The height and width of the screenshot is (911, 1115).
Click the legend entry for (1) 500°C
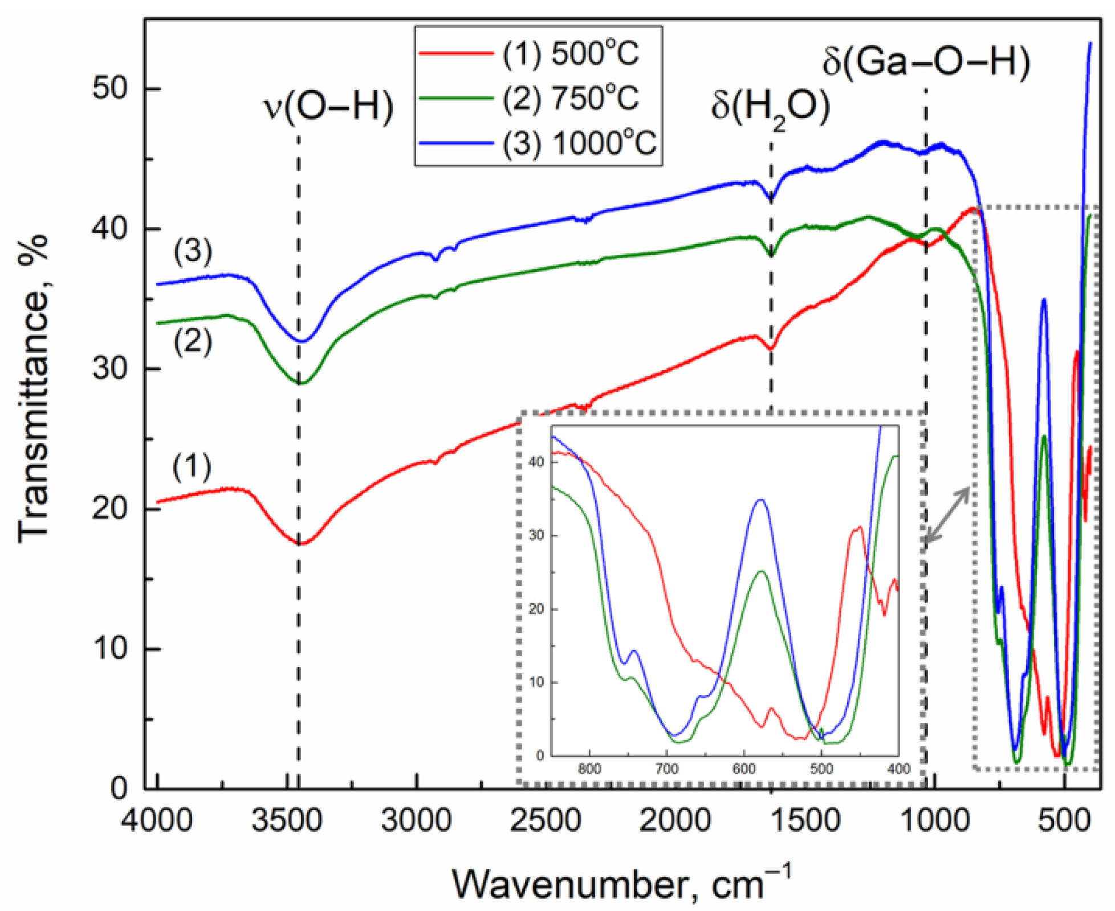click(571, 54)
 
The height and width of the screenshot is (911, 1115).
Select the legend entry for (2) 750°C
click(571, 99)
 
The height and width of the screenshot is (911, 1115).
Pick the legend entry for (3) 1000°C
click(579, 143)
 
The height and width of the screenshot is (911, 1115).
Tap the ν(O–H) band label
click(328, 107)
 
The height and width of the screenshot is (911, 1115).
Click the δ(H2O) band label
click(770, 108)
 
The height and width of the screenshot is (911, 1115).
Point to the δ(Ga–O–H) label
click(926, 62)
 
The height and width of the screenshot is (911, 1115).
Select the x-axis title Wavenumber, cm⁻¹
click(621, 884)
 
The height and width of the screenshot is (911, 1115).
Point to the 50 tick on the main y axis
click(111, 89)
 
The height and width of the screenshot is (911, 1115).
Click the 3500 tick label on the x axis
click(287, 821)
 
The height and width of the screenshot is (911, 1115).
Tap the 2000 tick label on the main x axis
click(674, 821)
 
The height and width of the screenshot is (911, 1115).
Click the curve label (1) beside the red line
click(192, 466)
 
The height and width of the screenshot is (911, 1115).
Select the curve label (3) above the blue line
click(193, 251)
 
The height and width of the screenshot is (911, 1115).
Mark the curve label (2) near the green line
click(193, 342)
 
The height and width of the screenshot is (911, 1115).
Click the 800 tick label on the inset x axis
click(589, 768)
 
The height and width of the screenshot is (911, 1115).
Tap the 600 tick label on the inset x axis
click(744, 768)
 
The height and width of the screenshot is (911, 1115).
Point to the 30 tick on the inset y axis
click(536, 536)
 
